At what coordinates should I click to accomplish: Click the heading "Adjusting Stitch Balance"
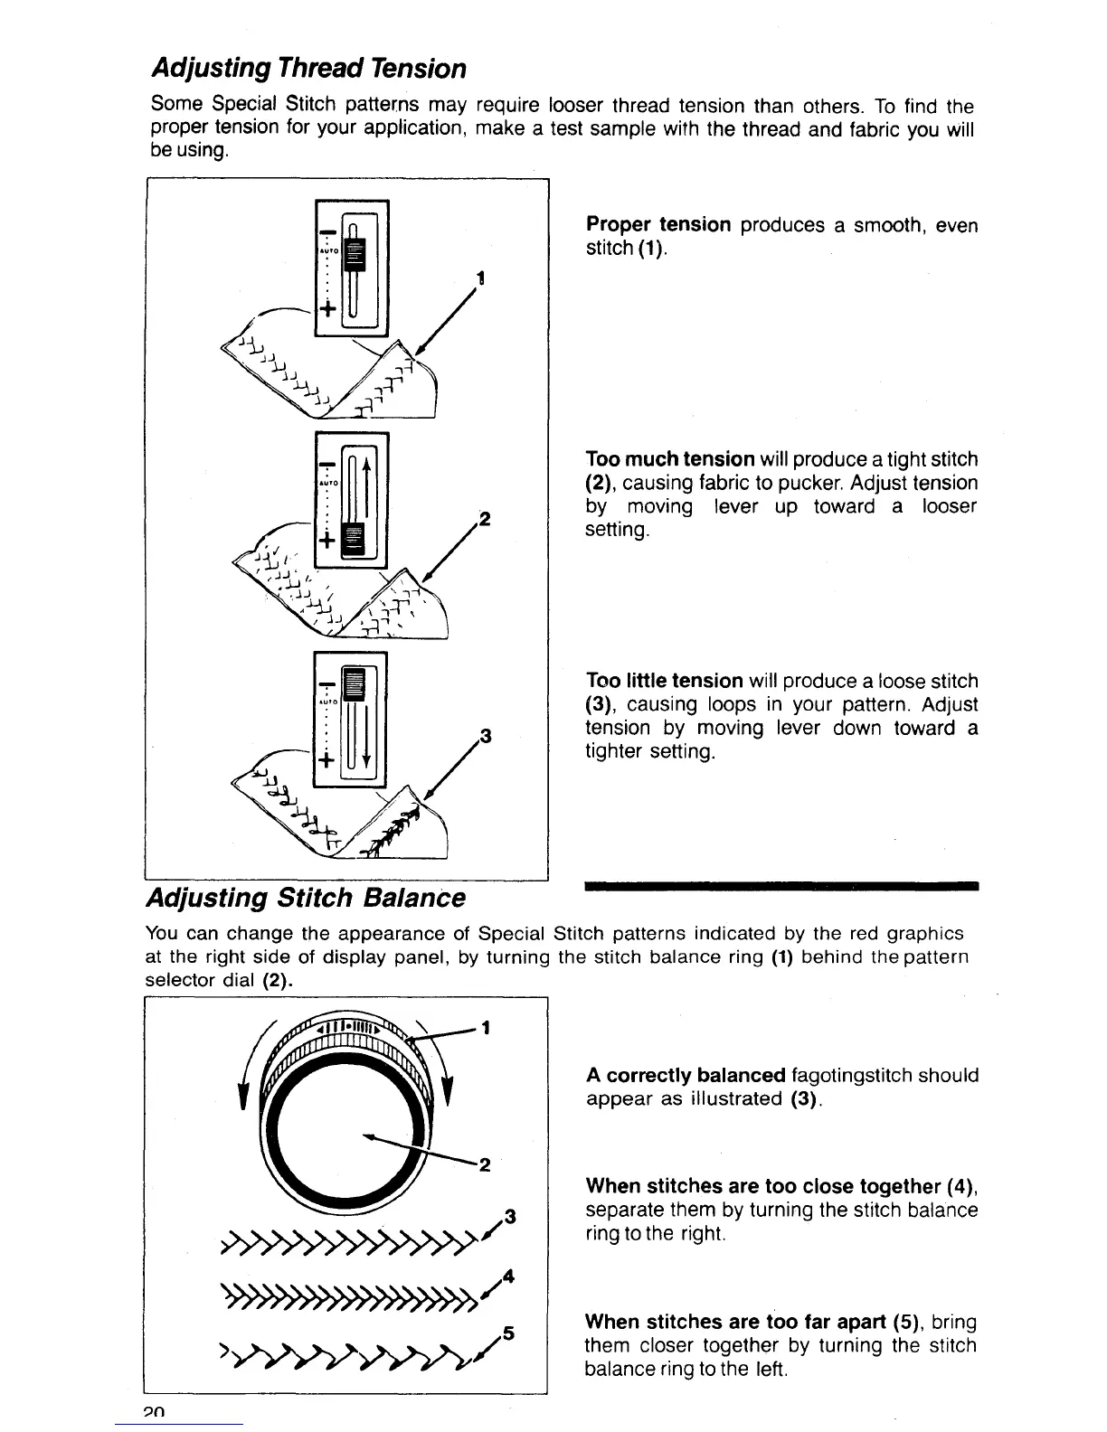tap(306, 898)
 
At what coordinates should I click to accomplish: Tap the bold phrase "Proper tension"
tap(658, 224)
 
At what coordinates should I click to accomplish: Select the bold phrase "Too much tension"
tap(670, 459)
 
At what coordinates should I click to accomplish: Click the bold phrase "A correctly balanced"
tap(686, 1075)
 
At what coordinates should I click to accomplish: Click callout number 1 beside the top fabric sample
tap(483, 279)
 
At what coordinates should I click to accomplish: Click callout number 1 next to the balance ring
tap(487, 1027)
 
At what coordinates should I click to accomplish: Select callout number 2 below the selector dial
tap(485, 1165)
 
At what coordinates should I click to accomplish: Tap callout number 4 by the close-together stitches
tap(508, 1277)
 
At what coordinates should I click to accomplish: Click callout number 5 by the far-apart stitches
tap(508, 1333)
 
